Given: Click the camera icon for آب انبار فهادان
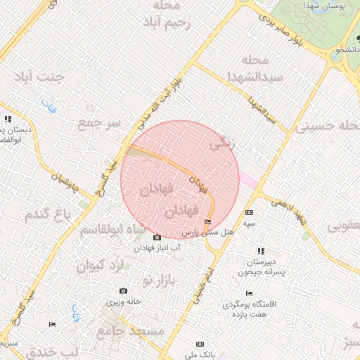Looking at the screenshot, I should coord(156,238).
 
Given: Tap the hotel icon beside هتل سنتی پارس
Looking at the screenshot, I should coord(207,222).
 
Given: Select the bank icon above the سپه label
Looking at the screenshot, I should coord(249,213).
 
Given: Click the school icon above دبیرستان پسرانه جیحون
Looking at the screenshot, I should coord(261,251).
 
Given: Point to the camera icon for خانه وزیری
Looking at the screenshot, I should coord(124,291).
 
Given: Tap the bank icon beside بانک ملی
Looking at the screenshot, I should coord(200,344).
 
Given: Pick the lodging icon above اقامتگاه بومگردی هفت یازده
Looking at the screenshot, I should coord(249,294).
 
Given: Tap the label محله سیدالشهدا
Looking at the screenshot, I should coord(262,67).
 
